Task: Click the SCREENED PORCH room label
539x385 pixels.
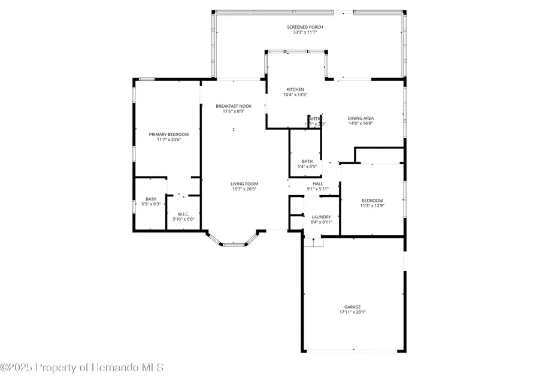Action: coord(308,27)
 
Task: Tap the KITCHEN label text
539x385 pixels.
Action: coord(295,89)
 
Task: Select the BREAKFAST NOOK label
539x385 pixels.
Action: coord(234,106)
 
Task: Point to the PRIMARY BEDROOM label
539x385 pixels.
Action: coord(169,134)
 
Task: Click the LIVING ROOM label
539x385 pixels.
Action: coord(244,184)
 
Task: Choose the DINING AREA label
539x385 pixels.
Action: coord(361,118)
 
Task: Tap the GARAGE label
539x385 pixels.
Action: coord(352,307)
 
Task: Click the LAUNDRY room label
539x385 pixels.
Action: coord(321,217)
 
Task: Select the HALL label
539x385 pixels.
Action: coord(317,184)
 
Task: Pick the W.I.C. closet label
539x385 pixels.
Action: coord(180,214)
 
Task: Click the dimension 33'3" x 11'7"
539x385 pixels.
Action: coord(308,33)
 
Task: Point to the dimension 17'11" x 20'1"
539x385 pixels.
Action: coord(352,312)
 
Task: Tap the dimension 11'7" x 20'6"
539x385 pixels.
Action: coord(169,140)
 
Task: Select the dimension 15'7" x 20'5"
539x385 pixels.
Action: coord(244,189)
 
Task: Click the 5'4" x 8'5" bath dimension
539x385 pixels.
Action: coord(307,166)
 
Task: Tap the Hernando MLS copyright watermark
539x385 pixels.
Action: coord(82,367)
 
